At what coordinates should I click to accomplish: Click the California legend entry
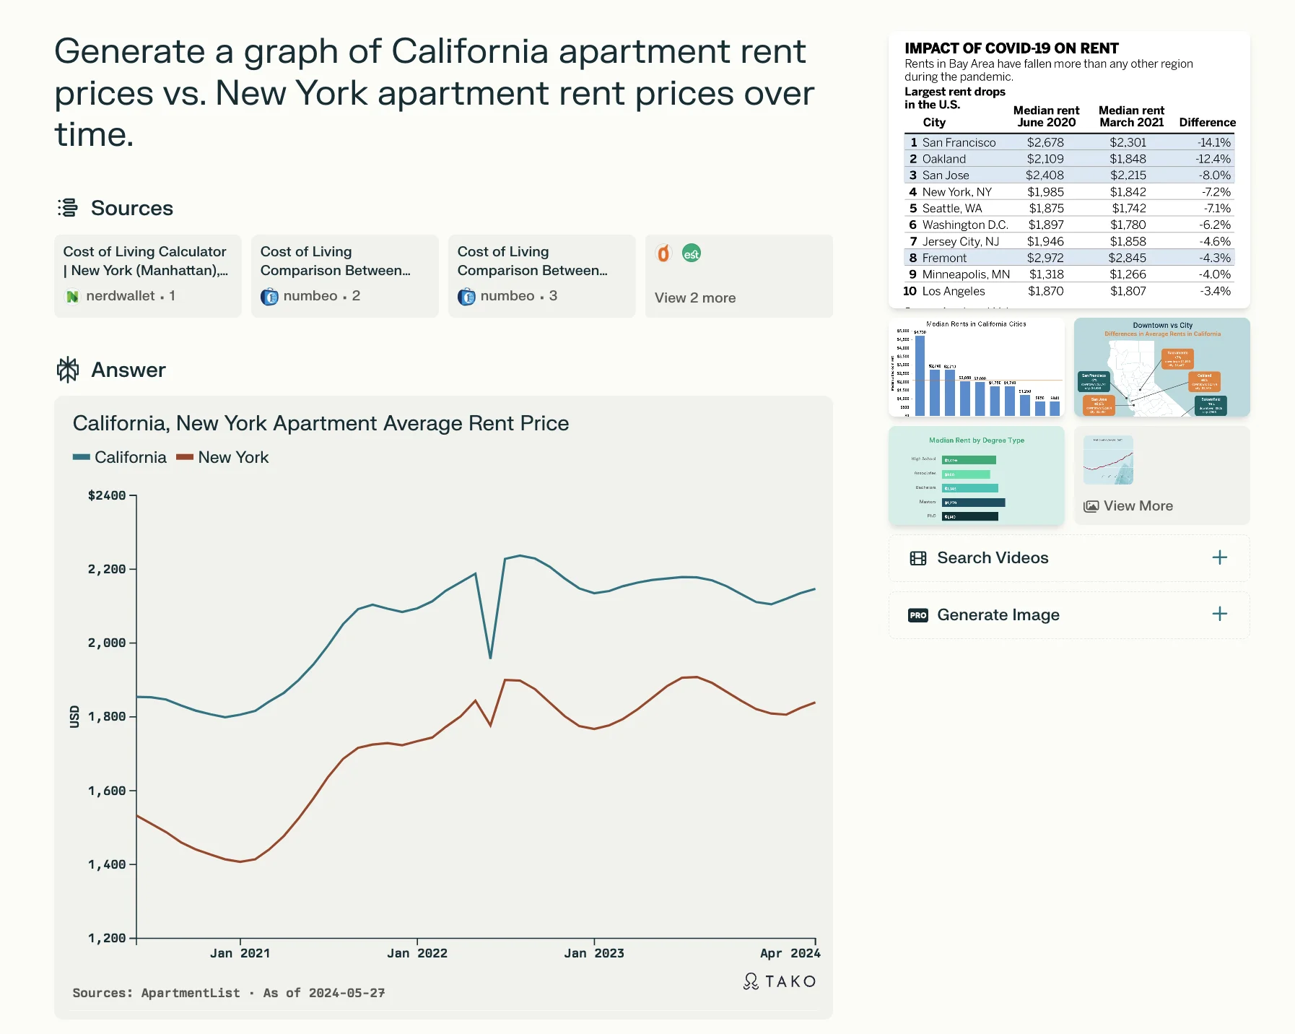(121, 457)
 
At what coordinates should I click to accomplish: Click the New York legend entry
(223, 457)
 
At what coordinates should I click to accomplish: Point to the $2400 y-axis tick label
(107, 495)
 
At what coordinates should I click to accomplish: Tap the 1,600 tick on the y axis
(107, 791)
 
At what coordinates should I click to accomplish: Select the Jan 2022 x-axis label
(417, 953)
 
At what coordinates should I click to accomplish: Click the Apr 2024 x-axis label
(790, 953)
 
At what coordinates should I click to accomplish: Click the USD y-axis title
(74, 716)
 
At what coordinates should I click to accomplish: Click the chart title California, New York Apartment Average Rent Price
(321, 423)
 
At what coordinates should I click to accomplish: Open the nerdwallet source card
(147, 275)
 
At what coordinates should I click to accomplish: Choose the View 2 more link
(695, 297)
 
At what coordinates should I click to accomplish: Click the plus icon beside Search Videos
(1219, 557)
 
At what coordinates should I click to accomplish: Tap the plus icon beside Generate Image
(1219, 614)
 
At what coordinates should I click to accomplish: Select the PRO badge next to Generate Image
(917, 615)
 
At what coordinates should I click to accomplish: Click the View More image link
(1138, 506)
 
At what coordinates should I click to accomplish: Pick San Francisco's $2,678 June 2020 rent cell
(1045, 142)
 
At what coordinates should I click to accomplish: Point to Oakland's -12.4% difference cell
(1213, 159)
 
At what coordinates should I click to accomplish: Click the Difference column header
(1207, 122)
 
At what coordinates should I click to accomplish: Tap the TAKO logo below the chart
(780, 981)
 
